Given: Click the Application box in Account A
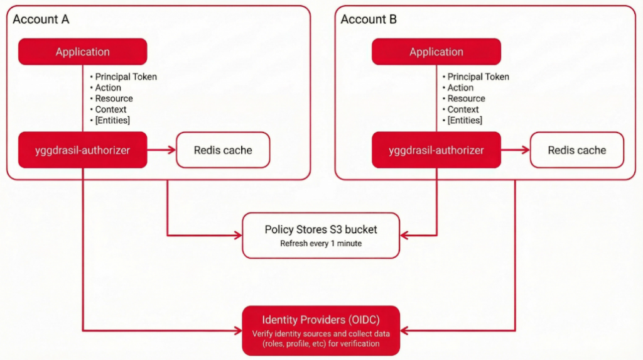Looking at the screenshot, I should coord(82,52).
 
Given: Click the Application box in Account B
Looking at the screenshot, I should coord(436,52).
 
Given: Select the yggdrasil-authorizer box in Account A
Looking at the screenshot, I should coord(82,150).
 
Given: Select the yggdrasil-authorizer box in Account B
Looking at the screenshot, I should coord(436,150).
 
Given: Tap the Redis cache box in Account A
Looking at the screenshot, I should coord(223,150).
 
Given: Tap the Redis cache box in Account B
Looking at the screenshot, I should coord(577,150).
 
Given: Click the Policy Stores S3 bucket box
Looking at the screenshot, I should coord(321,236).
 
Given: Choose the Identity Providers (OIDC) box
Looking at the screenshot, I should coord(321,329).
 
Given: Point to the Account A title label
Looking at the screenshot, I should coord(41,19).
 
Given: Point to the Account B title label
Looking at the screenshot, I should coord(369,19).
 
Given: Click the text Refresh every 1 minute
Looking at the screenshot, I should coord(321,244).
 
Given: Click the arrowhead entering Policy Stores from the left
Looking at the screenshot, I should coord(238,235).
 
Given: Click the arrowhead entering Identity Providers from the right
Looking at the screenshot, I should coord(405,329).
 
